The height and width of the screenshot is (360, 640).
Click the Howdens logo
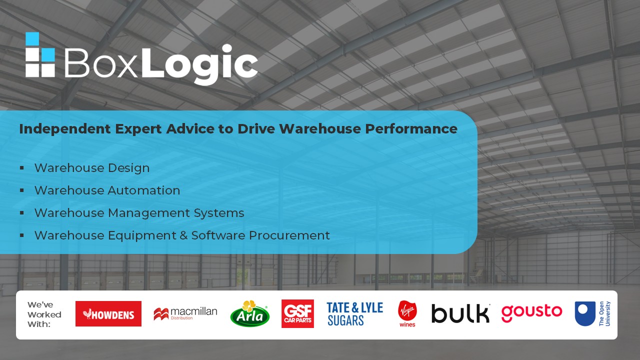pos(108,313)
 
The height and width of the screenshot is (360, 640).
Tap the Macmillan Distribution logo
pos(185,313)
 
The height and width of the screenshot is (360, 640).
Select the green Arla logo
pos(249,313)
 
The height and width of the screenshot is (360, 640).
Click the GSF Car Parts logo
pos(297,313)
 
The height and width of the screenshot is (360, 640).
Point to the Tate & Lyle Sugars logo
pos(355,314)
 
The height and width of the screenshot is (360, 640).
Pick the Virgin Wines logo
pos(407,313)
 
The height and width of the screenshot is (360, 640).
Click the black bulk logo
pos(460,313)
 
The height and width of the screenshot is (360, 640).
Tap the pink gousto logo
pos(531,313)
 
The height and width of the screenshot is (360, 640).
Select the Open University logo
pos(592,313)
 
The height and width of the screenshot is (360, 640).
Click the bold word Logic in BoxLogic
pos(199,64)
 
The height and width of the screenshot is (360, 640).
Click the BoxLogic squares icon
pos(40,54)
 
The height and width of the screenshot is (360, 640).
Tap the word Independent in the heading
pos(64,129)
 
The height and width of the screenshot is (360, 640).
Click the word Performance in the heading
pos(411,128)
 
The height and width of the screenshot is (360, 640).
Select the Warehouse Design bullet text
pos(92,167)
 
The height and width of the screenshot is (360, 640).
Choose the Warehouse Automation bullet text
pos(107,190)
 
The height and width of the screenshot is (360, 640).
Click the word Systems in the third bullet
pos(219,213)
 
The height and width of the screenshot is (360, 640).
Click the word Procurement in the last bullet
pos(289,235)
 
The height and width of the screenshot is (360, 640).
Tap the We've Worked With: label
pos(44,314)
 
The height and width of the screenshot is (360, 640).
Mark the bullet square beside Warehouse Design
pos(21,167)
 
